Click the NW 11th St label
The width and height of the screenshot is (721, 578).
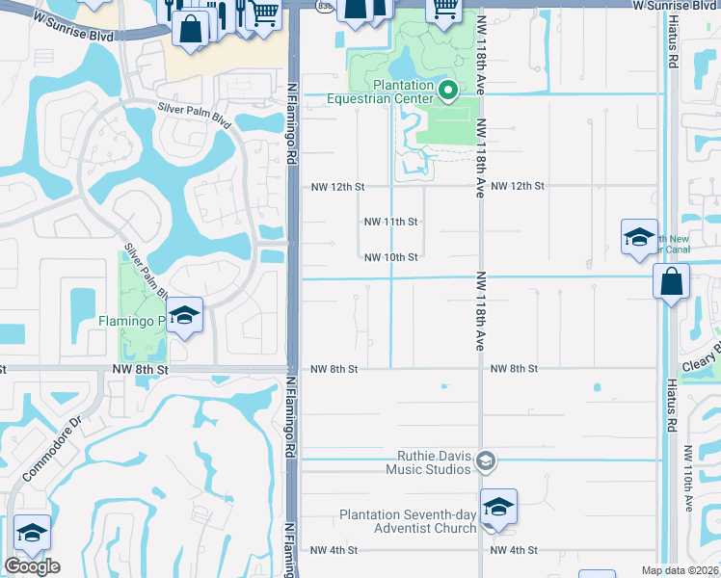click(390, 222)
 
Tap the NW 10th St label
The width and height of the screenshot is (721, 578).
click(390, 257)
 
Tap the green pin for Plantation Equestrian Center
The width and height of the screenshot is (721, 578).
click(448, 92)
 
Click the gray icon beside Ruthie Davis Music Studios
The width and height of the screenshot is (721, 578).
click(486, 461)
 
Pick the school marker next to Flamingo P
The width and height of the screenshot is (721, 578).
click(184, 316)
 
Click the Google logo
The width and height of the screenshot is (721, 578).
click(31, 566)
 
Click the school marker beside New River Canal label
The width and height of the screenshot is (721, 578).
click(639, 238)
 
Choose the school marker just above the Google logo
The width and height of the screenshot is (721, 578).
click(32, 533)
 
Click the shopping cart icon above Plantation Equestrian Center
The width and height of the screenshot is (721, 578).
click(444, 8)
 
